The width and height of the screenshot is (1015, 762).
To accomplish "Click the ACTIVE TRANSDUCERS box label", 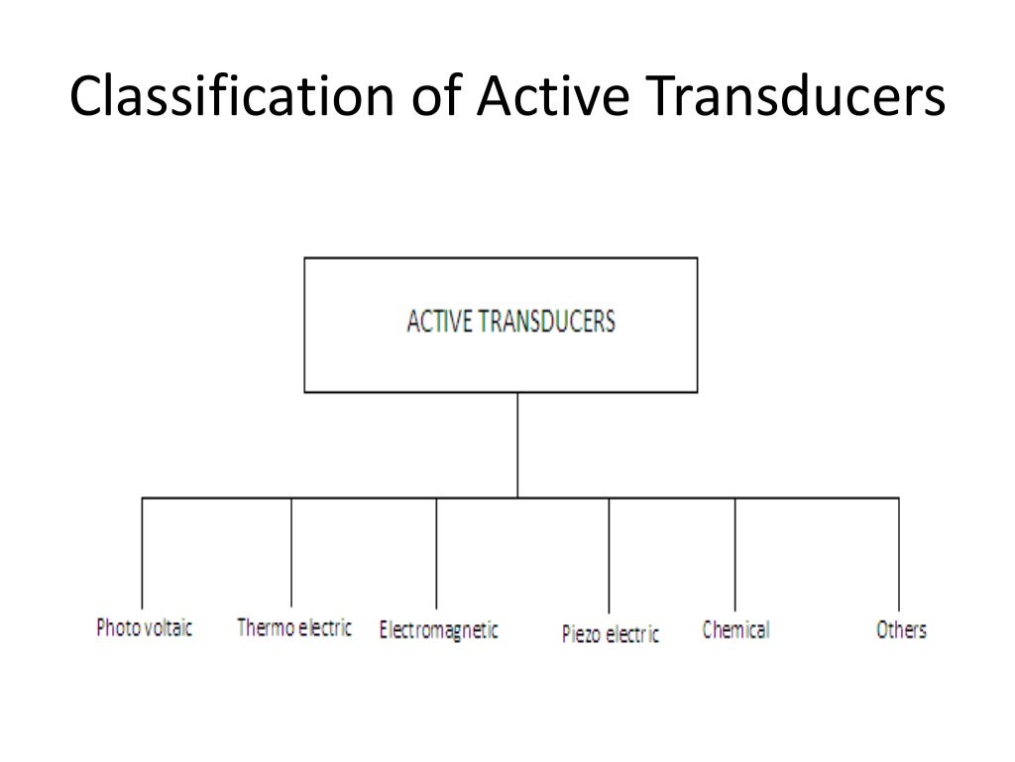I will pyautogui.click(x=510, y=322).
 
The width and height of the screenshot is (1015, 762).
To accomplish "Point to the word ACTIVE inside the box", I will pyautogui.click(x=436, y=322).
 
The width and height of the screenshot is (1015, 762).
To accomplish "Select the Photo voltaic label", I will pyautogui.click(x=144, y=628).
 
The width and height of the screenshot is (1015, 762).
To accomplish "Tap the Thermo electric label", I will pyautogui.click(x=294, y=628).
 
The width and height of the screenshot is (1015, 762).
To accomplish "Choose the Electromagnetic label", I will pyautogui.click(x=438, y=630).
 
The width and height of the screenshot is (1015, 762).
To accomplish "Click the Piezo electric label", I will pyautogui.click(x=610, y=633).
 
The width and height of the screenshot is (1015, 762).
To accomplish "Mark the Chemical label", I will pyautogui.click(x=735, y=629).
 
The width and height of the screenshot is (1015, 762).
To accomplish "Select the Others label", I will pyautogui.click(x=901, y=629).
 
